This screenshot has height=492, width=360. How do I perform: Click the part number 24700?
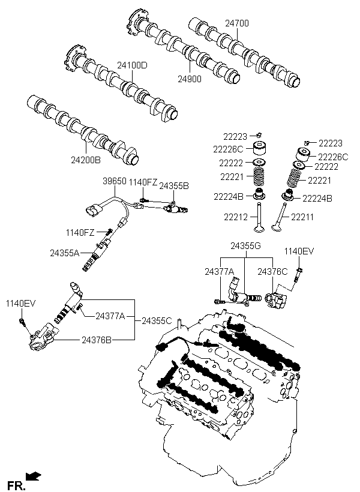click(236, 23)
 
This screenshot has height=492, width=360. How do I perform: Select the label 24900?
click(190, 79)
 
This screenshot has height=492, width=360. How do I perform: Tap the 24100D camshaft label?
click(132, 65)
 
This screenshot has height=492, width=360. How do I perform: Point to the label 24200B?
click(86, 160)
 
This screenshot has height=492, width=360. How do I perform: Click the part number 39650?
click(115, 181)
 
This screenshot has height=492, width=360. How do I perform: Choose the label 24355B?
click(174, 186)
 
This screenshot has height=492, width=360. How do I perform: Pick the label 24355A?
click(65, 253)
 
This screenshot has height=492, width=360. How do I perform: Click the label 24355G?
click(246, 245)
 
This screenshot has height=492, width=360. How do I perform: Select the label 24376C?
click(272, 272)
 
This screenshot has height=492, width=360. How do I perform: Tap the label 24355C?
click(157, 320)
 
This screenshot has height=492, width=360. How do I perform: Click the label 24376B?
click(97, 340)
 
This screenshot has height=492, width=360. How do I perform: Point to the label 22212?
click(236, 217)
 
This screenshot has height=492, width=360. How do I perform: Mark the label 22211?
click(302, 217)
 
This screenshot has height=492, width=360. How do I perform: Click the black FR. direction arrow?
click(33, 476)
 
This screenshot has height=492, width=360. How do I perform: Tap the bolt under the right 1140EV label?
click(298, 275)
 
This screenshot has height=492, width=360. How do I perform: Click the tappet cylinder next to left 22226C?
click(260, 148)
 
